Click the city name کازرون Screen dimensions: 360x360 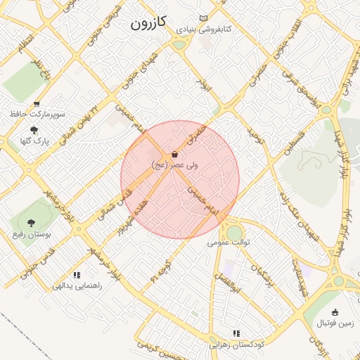[148, 22]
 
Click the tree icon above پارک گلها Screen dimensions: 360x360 [34, 130]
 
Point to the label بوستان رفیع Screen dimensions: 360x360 [32, 232]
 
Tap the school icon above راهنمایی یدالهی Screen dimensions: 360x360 [77, 275]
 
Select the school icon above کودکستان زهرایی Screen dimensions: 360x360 [236, 333]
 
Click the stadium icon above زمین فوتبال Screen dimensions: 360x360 [335, 313]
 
